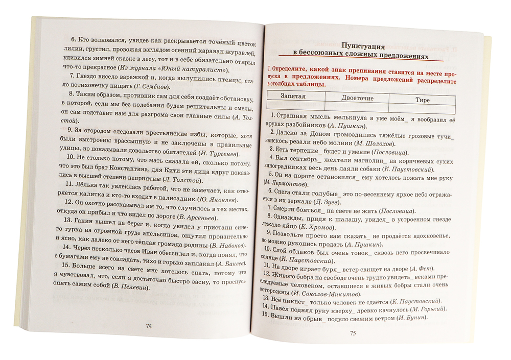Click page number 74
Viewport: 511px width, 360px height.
coord(149,326)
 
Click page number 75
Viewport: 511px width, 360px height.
coord(352,333)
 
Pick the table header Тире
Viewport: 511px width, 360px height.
coord(423,100)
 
